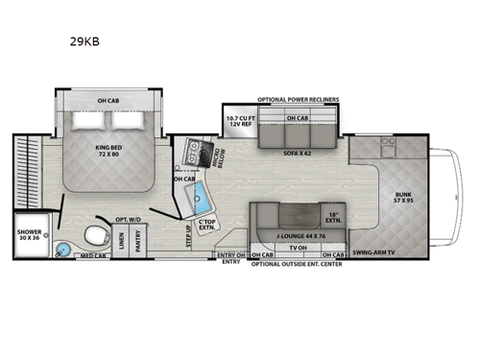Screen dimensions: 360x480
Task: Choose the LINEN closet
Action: pyautogui.click(x=121, y=240)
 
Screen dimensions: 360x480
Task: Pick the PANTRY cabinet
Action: pyautogui.click(x=141, y=240)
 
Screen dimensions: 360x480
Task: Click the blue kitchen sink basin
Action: pyautogui.click(x=202, y=201)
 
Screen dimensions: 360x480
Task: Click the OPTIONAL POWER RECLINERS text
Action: pyautogui.click(x=297, y=99)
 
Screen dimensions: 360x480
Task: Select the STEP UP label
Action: pyautogui.click(x=188, y=236)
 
